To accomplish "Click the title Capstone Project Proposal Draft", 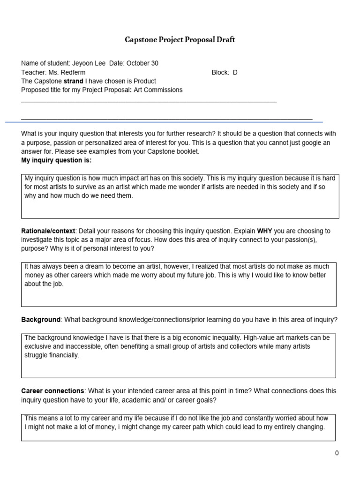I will tap(180, 40).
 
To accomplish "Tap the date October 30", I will tap(146, 63).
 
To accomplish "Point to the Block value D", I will tap(235, 72).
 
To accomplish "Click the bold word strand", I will tap(73, 81).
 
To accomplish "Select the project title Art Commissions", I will tap(158, 90).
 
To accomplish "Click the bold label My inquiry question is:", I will tap(56, 160).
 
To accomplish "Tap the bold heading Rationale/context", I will tap(48, 231).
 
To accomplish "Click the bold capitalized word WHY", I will tap(264, 231).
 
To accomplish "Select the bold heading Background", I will tap(41, 320).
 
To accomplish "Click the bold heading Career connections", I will tap(52, 391).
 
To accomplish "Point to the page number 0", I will tap(337, 453).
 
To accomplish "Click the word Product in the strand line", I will tap(144, 81).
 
